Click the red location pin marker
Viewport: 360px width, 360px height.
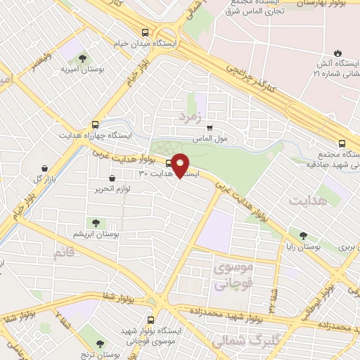point(180,165)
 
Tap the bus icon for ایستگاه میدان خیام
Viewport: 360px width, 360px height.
point(145,32)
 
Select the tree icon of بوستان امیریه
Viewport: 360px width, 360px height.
point(83,58)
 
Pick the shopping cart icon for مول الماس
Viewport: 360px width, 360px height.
point(210,127)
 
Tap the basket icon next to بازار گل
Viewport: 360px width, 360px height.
point(46,169)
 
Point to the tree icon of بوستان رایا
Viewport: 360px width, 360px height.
point(304,236)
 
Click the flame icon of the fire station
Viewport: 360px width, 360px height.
point(337,53)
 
